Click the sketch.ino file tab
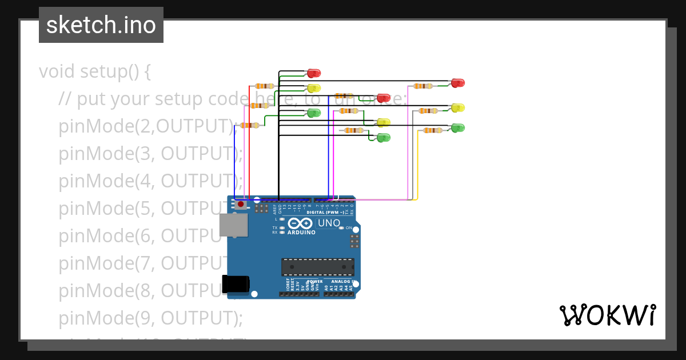101,25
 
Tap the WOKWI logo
607,315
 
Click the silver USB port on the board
233,225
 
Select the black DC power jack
236,284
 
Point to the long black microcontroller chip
317,267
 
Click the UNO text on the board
329,223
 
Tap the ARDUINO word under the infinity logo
301,233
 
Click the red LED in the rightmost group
457,83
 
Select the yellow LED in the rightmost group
457,108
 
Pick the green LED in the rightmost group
457,128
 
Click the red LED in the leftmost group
314,73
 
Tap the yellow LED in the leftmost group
314,89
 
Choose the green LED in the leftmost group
314,113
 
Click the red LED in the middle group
383,98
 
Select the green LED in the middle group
383,138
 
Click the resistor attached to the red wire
264,86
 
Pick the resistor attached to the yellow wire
432,131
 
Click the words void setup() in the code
95,72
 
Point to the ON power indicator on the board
348,228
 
